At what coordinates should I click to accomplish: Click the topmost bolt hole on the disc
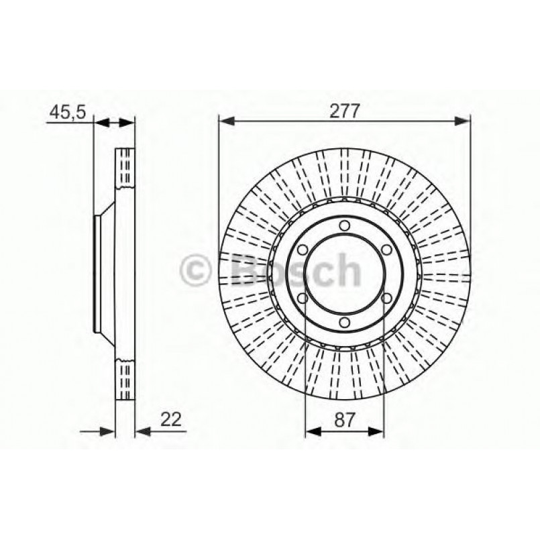pos(344,225)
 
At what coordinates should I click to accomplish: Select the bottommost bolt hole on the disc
pos(344,325)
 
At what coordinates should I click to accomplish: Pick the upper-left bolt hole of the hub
pos(301,250)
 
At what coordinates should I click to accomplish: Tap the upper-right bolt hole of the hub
pos(387,250)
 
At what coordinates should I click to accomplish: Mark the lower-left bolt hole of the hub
pos(301,299)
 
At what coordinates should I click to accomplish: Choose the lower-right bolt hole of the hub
pos(387,299)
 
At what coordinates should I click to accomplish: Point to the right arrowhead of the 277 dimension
pos(464,121)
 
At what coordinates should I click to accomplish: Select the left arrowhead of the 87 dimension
pos(311,431)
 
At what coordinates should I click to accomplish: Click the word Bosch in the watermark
pos(295,271)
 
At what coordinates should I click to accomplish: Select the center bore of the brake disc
pos(344,275)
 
